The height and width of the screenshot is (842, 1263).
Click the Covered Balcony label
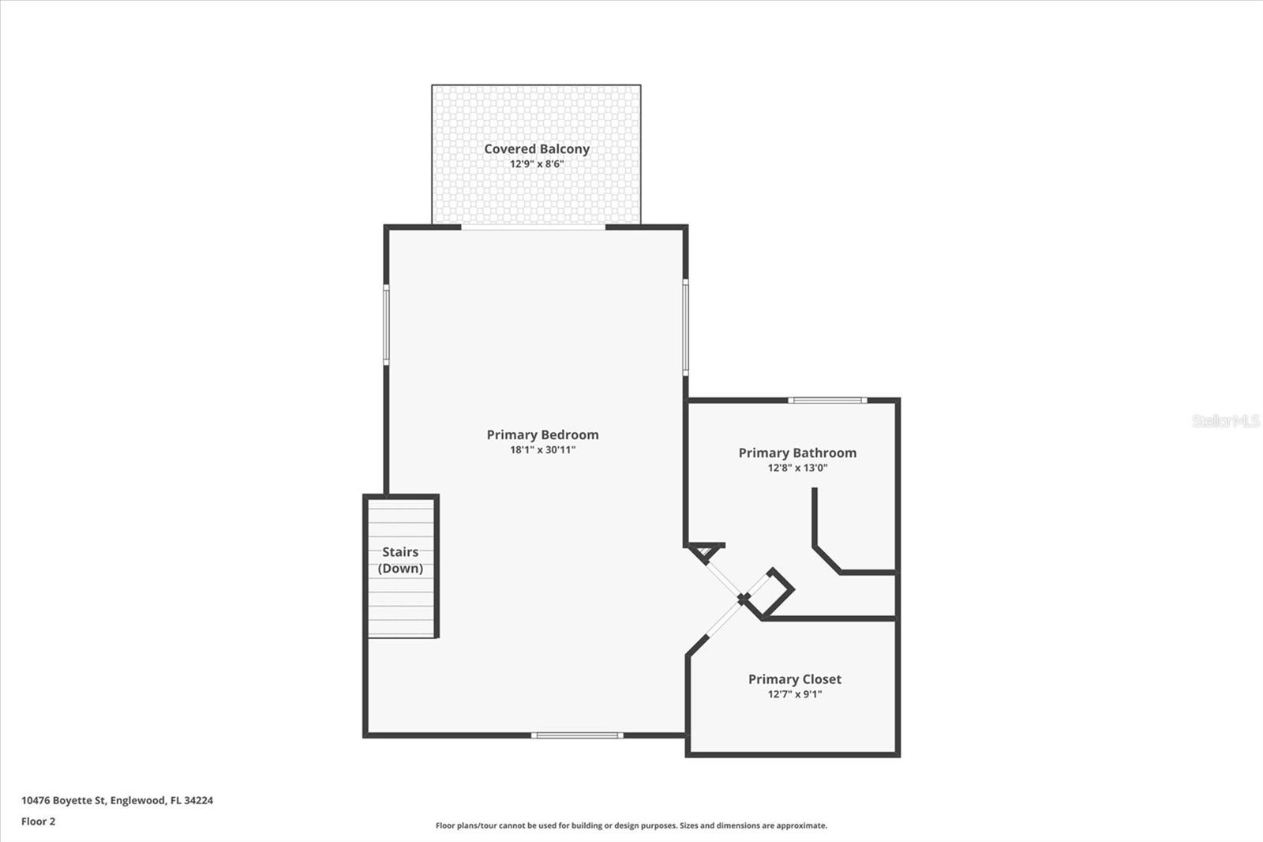[537, 148]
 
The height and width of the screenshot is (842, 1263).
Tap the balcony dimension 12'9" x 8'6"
[537, 164]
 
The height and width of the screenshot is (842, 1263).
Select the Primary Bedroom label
[542, 434]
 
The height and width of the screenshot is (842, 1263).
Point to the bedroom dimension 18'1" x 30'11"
[542, 450]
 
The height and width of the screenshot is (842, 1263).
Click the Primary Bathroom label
[797, 453]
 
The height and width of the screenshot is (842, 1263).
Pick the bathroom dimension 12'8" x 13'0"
[797, 468]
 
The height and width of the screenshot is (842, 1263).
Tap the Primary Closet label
[794, 679]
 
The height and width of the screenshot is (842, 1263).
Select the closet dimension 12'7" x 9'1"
[794, 694]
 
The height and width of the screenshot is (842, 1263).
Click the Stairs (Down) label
[400, 560]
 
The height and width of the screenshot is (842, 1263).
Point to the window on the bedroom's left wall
[386, 325]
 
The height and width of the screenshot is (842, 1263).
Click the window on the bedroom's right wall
[685, 326]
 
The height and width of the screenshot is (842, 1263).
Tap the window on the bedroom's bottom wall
[577, 735]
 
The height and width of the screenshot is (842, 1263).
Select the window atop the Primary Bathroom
[827, 400]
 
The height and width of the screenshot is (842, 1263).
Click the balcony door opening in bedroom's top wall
[533, 227]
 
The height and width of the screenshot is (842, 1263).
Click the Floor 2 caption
[38, 821]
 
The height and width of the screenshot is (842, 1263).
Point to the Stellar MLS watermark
[1225, 421]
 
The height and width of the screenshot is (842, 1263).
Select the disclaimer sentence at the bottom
[631, 825]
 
